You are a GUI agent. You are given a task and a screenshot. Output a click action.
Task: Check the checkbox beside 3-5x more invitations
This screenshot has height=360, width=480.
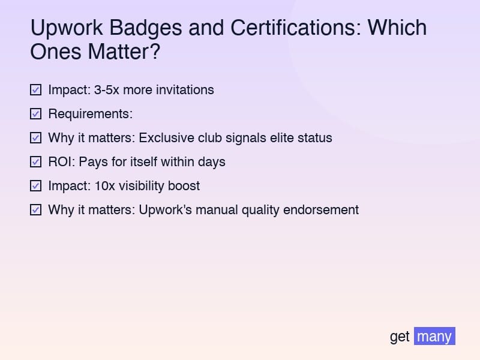36,90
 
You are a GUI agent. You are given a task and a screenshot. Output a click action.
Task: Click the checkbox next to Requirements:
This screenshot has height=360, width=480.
36,114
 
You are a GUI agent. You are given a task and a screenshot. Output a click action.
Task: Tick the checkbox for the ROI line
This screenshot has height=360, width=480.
36,162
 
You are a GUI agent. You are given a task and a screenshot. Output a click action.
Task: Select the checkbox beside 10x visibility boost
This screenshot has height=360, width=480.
36,186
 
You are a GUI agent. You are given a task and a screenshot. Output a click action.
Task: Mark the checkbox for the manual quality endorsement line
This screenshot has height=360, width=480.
36,210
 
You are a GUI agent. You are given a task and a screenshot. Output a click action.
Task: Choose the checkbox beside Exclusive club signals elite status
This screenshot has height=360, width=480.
36,138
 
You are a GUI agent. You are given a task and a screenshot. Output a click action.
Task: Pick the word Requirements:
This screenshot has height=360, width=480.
90,114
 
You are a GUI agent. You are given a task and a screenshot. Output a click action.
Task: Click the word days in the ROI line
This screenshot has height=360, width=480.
212,162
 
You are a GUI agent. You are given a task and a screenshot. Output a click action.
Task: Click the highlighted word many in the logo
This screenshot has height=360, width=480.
434,336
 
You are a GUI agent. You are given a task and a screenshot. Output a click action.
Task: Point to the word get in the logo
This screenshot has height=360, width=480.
400,337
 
